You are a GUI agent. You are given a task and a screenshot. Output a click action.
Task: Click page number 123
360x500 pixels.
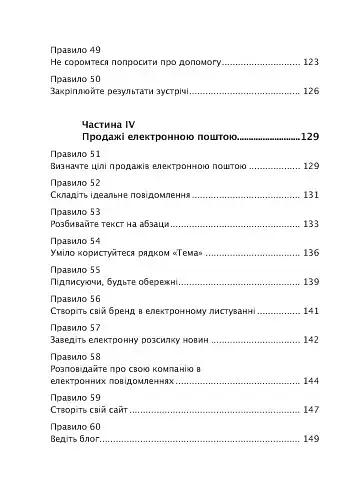(310, 62)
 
